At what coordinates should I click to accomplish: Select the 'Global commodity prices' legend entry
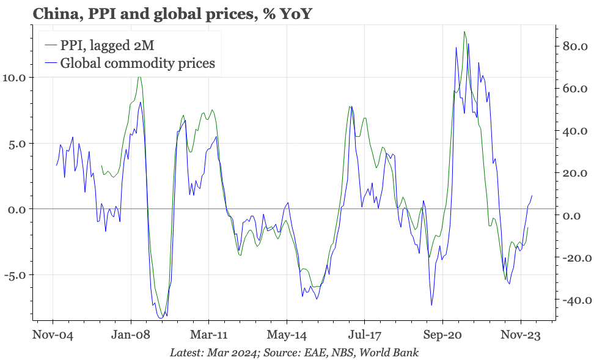point(137,63)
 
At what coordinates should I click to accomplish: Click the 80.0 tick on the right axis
point(574,46)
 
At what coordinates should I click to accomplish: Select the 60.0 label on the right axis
point(574,89)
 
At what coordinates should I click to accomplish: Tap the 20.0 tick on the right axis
point(574,173)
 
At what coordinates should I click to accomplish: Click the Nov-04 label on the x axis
point(53,336)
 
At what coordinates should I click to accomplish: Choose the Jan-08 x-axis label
point(131,336)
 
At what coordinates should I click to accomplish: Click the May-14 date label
point(287,336)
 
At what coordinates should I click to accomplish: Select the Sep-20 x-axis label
point(442,336)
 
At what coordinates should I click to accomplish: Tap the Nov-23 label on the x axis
point(521,336)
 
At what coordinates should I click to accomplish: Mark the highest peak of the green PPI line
point(464,32)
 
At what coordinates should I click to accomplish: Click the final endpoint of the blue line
point(532,196)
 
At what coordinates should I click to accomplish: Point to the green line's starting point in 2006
point(101,166)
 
